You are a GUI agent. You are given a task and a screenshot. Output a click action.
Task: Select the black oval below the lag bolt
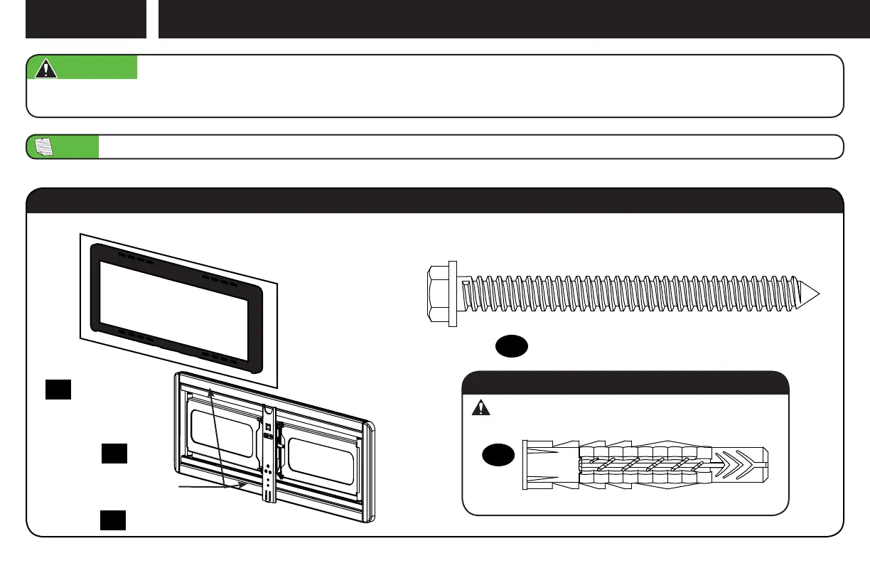511,346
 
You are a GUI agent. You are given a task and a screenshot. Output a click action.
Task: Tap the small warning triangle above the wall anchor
481,407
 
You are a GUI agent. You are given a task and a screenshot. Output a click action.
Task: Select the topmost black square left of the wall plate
58,390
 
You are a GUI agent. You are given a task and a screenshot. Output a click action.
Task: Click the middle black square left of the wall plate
114,454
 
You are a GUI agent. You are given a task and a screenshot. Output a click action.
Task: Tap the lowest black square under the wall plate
112,520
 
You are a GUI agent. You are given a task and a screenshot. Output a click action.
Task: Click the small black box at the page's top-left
85,18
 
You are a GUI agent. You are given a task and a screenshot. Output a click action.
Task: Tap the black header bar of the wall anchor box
625,382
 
